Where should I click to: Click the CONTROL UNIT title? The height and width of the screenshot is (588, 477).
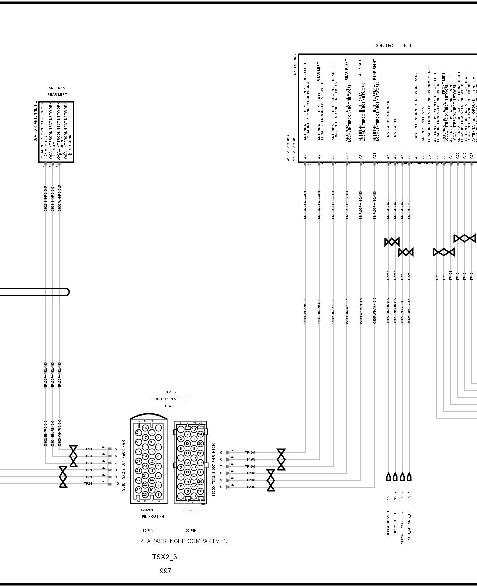pos(392,45)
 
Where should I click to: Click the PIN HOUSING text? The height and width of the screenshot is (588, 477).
pos(153,517)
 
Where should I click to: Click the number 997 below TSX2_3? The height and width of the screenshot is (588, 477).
pos(165,571)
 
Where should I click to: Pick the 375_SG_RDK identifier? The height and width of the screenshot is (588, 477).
pos(295,64)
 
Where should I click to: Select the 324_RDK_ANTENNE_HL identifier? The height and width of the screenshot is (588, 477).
pos(35,121)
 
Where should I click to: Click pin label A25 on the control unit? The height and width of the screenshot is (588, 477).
pos(305,156)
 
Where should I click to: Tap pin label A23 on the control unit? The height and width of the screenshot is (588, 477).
pos(374,156)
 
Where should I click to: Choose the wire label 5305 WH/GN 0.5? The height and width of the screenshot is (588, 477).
pos(374,311)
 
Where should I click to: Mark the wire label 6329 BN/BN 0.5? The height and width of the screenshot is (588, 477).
pos(388,311)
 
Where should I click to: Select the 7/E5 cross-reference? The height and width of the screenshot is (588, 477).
pos(409,495)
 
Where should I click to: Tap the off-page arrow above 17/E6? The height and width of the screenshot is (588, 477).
pos(388,477)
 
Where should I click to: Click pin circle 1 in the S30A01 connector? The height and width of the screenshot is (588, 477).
pos(158,427)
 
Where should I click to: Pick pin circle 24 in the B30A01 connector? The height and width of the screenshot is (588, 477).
pos(200,434)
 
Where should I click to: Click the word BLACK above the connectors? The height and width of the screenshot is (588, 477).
pos(170,392)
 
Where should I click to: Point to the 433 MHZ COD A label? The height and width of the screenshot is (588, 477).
pos(288,147)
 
